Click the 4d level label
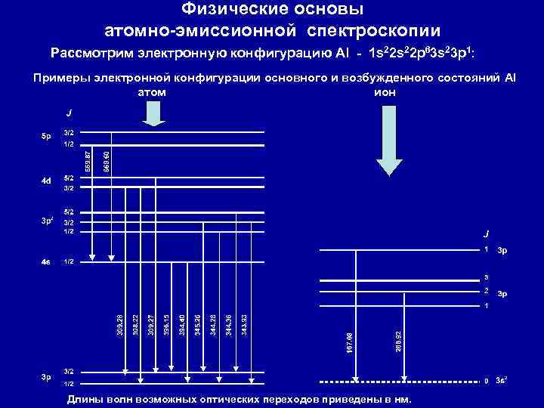click(x=46, y=181)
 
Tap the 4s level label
click(x=46, y=262)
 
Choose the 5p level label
click(x=46, y=137)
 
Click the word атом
click(x=152, y=92)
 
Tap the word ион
click(x=384, y=92)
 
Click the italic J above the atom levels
click(x=68, y=113)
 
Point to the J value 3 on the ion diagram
click(x=487, y=277)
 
